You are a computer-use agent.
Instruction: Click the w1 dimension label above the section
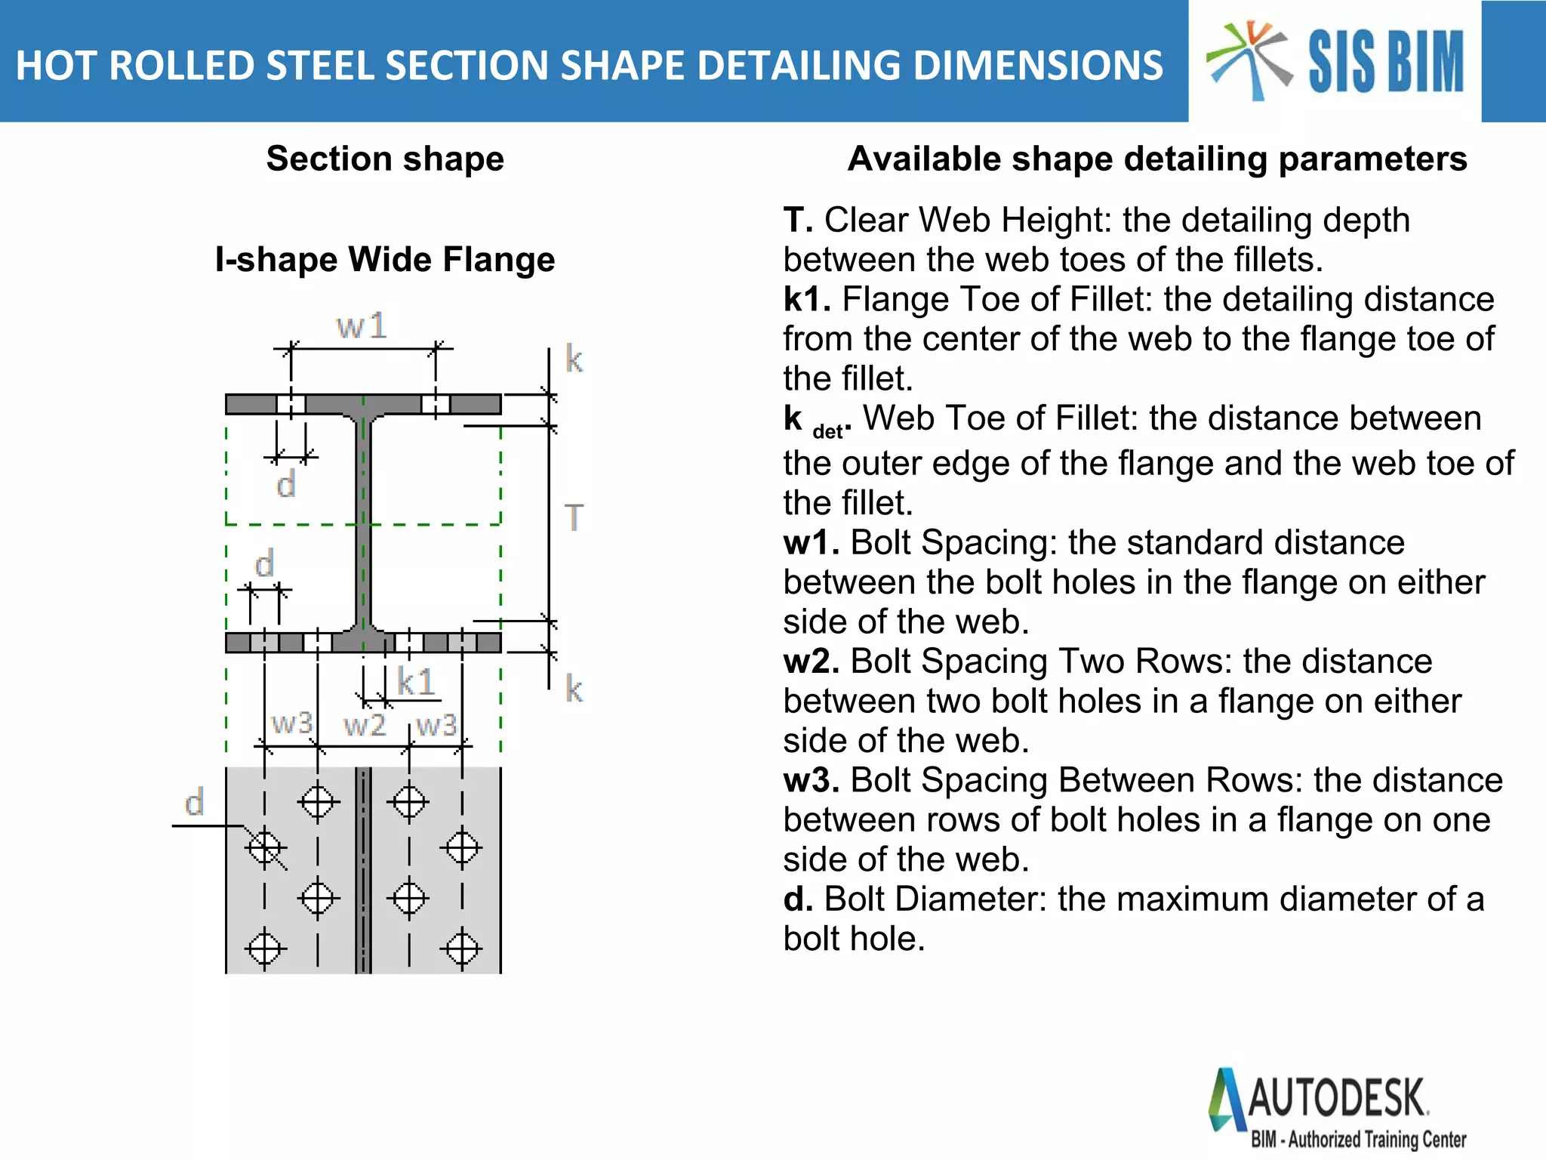click(x=362, y=326)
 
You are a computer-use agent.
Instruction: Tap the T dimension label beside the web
click(x=574, y=518)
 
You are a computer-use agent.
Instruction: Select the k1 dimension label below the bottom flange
click(x=416, y=682)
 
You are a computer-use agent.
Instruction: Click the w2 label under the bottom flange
click(x=365, y=725)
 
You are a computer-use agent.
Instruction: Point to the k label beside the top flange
click(x=574, y=359)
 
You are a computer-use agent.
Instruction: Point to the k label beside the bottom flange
click(x=574, y=689)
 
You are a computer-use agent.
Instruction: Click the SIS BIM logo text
click(x=1386, y=62)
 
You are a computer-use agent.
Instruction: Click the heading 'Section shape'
click(x=385, y=159)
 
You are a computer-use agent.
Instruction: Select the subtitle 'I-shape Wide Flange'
click(x=385, y=259)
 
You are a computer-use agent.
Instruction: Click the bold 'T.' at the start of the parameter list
click(x=798, y=221)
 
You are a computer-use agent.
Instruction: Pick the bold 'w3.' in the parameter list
click(x=811, y=780)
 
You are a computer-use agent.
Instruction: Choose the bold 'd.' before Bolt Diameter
click(x=798, y=899)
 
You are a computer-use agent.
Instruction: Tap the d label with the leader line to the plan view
click(x=195, y=802)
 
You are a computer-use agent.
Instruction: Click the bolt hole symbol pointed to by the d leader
click(x=264, y=847)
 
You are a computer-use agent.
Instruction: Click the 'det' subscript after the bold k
click(x=827, y=431)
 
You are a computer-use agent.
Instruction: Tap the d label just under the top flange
click(x=285, y=484)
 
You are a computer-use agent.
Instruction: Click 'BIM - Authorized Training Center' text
click(x=1358, y=1139)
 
